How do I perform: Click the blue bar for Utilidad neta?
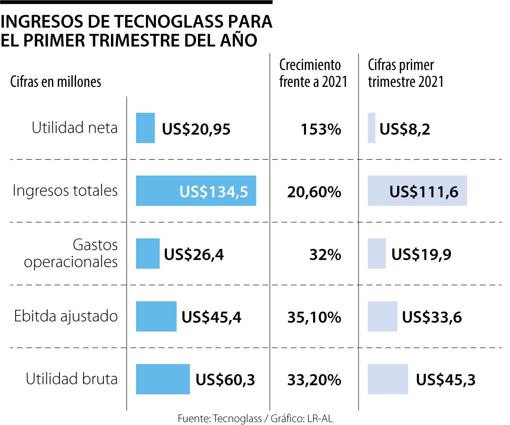pos(145,128)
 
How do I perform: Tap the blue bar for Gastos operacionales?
pos(148,254)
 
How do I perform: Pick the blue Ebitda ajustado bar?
pos(156,316)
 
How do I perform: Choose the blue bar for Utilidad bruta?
pos(163,379)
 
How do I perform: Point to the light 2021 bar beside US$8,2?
pos(372,128)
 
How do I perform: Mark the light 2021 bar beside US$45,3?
pos(388,379)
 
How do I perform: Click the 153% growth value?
pos(321,129)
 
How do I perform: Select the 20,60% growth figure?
pos(314,192)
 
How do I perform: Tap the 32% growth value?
pos(325,255)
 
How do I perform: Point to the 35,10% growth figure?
pos(314,317)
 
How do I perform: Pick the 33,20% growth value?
pos(314,380)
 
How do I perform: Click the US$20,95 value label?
pos(196,129)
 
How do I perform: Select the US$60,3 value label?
pos(225,380)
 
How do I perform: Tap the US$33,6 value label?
pos(432,317)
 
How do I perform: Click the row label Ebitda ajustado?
pos(65,316)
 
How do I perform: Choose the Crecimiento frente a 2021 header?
pos(313,73)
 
